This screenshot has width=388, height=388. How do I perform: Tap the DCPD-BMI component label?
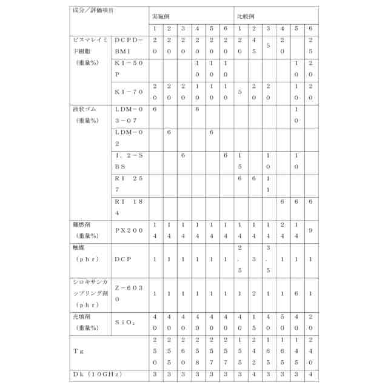pos(129,45)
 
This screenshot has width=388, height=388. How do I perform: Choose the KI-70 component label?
pos(129,92)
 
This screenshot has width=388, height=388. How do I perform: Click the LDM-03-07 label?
pos(129,115)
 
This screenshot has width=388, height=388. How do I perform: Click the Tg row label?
pos(79,350)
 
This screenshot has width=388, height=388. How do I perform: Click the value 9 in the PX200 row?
pos(310,230)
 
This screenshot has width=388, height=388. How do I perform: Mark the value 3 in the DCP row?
pos(254,259)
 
